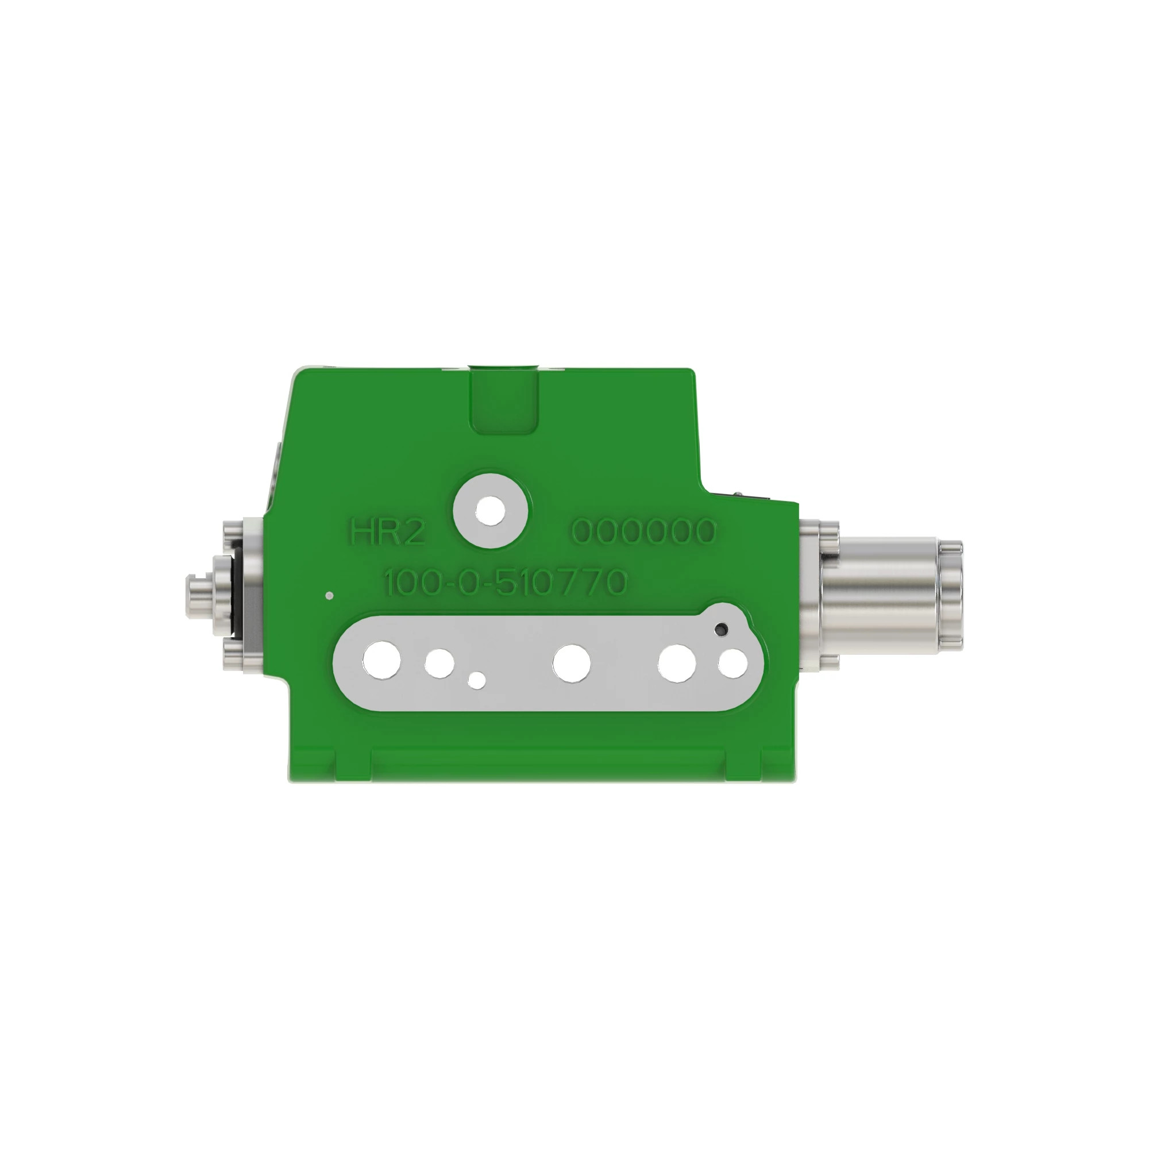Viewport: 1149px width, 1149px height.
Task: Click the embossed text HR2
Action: click(x=388, y=533)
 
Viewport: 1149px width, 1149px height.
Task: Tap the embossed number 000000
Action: click(x=643, y=531)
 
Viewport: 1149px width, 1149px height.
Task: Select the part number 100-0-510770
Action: click(x=504, y=583)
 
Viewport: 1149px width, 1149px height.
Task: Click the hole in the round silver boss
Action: click(x=491, y=511)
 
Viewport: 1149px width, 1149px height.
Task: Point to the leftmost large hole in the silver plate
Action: click(x=381, y=661)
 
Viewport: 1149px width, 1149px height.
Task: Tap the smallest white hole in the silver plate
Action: click(x=476, y=679)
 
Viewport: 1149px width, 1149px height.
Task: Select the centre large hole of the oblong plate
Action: click(x=571, y=662)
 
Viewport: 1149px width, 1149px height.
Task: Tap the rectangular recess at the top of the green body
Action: click(x=504, y=400)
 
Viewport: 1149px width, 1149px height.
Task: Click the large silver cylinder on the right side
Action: click(x=880, y=592)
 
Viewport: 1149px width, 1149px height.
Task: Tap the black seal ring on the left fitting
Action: click(x=236, y=591)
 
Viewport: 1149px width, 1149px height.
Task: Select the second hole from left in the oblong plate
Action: click(x=440, y=662)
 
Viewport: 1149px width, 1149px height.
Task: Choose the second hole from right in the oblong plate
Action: click(x=677, y=662)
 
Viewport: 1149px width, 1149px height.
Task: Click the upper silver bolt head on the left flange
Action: click(x=233, y=529)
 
